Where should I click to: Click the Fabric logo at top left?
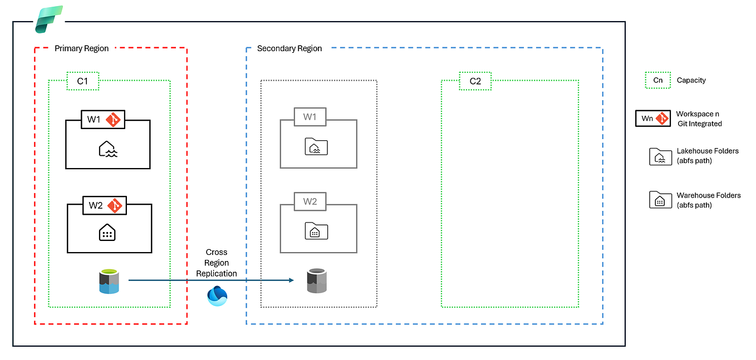point(48,19)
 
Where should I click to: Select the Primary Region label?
point(81,48)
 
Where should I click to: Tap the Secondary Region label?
point(289,48)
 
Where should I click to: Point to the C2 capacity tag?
point(475,81)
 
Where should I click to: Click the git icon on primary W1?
point(113,119)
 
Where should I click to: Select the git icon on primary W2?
point(115,205)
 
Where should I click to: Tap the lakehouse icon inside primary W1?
point(107,149)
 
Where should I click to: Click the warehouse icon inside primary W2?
point(107,233)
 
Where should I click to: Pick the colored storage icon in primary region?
point(109,281)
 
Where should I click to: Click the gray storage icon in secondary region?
point(316,281)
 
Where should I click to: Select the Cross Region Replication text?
point(216,263)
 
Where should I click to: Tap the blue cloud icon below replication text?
point(217,295)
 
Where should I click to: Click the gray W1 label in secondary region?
point(310,117)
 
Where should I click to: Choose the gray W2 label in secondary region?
point(310,201)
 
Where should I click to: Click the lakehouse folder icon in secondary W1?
point(316,147)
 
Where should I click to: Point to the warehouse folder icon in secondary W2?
point(316,230)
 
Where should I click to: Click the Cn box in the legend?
point(658,80)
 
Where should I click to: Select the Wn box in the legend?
point(652,119)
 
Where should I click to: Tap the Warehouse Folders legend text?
point(708,200)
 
